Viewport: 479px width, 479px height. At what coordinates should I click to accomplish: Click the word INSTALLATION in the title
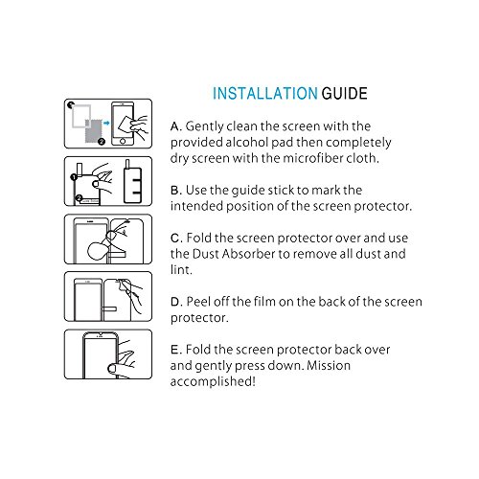(x=265, y=94)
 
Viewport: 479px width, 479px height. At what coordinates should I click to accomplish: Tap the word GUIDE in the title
(x=344, y=94)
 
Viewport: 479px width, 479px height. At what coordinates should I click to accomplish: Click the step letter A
(x=175, y=126)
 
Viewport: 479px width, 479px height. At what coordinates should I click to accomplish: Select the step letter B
(x=175, y=191)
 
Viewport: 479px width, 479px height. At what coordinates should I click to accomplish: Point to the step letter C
(x=175, y=239)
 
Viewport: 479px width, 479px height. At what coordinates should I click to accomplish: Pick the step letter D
(x=175, y=302)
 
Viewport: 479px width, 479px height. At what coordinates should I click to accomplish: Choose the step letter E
(x=174, y=350)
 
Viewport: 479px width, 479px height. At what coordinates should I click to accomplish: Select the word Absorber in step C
(x=248, y=254)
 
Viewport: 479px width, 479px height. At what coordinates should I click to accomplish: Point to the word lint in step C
(x=180, y=270)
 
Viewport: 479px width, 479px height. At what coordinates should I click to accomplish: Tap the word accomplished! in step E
(x=213, y=381)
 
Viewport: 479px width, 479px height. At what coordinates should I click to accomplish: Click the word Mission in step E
(x=329, y=365)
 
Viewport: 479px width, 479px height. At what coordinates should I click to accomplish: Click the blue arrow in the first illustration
(x=106, y=123)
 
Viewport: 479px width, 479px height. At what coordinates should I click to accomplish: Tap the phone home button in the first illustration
(x=123, y=141)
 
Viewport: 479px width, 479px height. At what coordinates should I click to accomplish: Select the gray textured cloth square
(x=94, y=131)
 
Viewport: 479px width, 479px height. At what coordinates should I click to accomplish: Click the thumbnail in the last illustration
(x=111, y=369)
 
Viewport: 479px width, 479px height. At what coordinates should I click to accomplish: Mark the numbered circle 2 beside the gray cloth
(x=102, y=142)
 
